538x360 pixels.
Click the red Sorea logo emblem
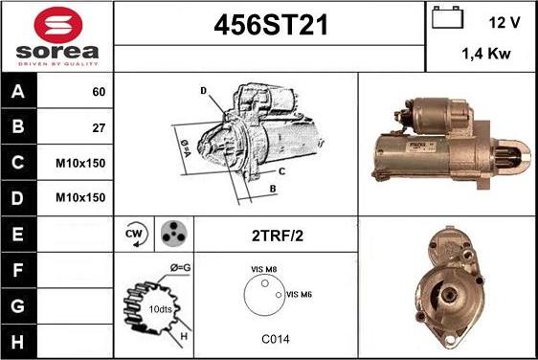point(58,25)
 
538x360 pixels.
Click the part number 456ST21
point(271,26)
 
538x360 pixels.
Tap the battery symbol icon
point(447,17)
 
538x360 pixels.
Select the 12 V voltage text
point(504,23)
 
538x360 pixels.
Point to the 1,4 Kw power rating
point(486,54)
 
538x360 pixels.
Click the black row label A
point(18,92)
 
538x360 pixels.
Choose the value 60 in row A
point(99,92)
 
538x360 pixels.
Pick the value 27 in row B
point(99,128)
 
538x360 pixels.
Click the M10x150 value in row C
point(80,163)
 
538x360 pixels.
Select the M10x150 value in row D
point(80,197)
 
